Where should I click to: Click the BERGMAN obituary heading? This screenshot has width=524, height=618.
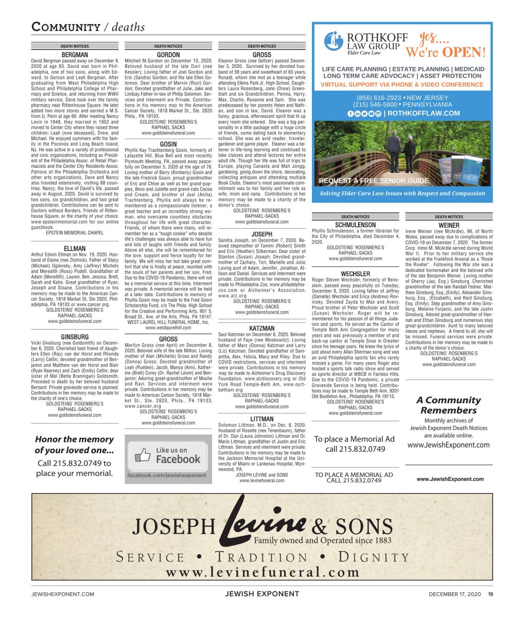pos(75,55)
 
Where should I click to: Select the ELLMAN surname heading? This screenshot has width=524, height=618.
pos(75,248)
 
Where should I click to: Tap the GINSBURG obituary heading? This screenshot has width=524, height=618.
pos(75,337)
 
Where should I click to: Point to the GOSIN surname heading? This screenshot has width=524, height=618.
pos(168,144)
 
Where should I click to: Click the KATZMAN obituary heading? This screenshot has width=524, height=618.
pos(261,328)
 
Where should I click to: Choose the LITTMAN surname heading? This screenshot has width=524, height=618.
pos(261,419)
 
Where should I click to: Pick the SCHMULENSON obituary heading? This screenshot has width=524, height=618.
pos(355,225)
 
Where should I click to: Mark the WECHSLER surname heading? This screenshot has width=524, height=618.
pos(355,273)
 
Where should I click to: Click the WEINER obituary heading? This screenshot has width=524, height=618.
pos(449,225)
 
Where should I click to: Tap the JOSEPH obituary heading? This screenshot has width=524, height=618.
pos(261,234)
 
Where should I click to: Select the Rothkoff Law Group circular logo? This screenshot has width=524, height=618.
pos(334,41)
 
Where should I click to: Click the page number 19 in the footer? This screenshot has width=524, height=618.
pos(491,594)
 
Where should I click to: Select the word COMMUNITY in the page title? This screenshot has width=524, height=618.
pos(66,27)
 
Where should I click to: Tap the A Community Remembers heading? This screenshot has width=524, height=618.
pos(448,405)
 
